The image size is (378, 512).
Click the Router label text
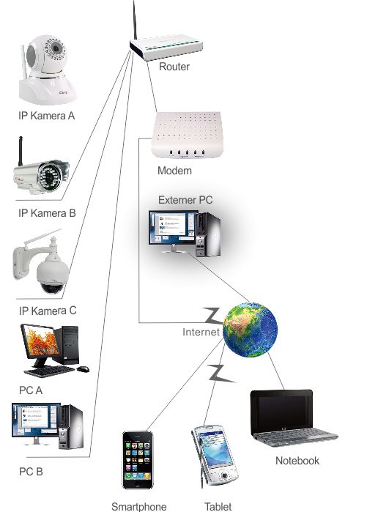click(x=174, y=67)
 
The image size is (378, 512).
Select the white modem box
click(x=187, y=135)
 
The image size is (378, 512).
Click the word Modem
click(x=174, y=171)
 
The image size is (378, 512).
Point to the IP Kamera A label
click(x=46, y=116)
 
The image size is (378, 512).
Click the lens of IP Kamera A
click(x=56, y=48)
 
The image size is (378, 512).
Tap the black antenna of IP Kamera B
click(x=21, y=151)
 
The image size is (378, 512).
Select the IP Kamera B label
click(x=47, y=213)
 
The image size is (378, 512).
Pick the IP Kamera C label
click(x=48, y=311)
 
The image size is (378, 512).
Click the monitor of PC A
click(x=40, y=343)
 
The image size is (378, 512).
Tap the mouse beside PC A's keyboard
click(x=83, y=368)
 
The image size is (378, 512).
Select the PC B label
click(x=31, y=472)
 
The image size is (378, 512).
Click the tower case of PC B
click(x=70, y=426)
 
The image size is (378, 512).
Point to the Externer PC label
click(x=185, y=200)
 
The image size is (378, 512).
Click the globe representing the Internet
click(x=251, y=330)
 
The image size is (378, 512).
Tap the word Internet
click(x=201, y=332)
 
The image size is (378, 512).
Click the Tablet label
click(x=218, y=506)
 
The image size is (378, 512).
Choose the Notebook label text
click(x=297, y=461)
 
